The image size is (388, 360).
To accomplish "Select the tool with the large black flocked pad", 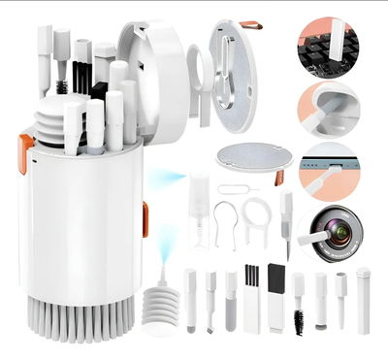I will [x=276, y=290].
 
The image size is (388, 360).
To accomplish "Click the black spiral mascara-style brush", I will [x=297, y=315].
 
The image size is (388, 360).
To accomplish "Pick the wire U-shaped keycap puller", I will [x=224, y=223].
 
